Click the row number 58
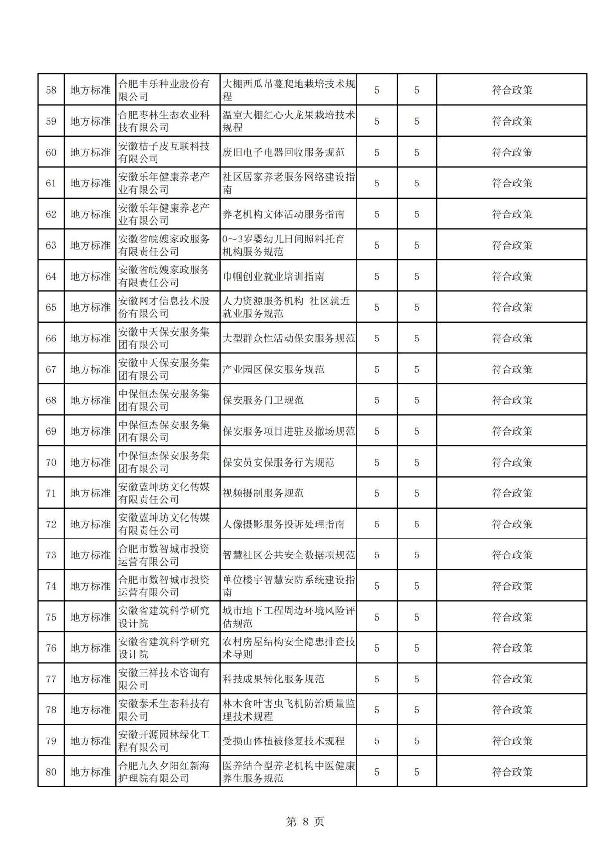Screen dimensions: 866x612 click(x=51, y=90)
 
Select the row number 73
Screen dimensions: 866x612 click(x=51, y=555)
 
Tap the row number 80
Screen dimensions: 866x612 click(x=51, y=772)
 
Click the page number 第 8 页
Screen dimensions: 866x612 click(x=305, y=822)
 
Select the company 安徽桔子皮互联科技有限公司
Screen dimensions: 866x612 click(x=164, y=152)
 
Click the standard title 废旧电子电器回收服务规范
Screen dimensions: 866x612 click(x=284, y=153)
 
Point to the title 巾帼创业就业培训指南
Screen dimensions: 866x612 click(x=273, y=276)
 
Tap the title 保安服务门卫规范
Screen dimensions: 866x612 click(x=263, y=400)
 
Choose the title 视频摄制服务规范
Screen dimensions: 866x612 click(x=263, y=493)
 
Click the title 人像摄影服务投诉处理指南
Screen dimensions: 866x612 click(x=284, y=524)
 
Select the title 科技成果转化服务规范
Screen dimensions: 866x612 click(x=273, y=679)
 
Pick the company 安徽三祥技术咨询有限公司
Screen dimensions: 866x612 click(x=164, y=679)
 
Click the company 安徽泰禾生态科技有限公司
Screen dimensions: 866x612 click(x=164, y=710)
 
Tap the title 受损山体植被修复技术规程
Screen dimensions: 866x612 click(x=284, y=741)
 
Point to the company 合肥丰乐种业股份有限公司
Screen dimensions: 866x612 click(x=164, y=90)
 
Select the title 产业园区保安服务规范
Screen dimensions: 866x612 click(x=273, y=369)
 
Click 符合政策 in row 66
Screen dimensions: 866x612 click(x=512, y=338)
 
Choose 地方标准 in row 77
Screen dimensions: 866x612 click(x=90, y=679)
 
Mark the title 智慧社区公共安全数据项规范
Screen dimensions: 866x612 click(x=289, y=555)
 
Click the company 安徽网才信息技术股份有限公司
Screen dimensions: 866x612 click(x=164, y=307)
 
